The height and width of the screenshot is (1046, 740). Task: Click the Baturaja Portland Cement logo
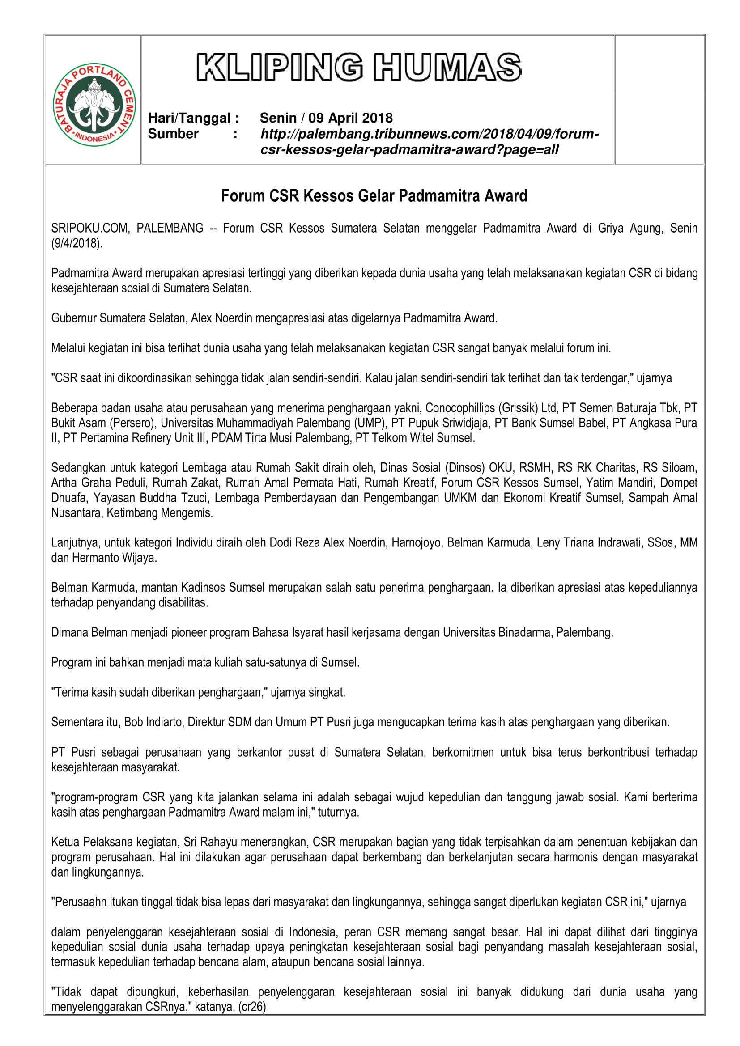94,104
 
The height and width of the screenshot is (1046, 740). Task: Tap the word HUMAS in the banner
447,68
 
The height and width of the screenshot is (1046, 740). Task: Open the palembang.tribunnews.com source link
429,134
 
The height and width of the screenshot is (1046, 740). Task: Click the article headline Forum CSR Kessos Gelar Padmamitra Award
374,196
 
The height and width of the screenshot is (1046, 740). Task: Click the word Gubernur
73,318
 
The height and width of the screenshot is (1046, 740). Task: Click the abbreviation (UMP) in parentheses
370,423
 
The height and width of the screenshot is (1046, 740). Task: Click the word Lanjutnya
74,542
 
